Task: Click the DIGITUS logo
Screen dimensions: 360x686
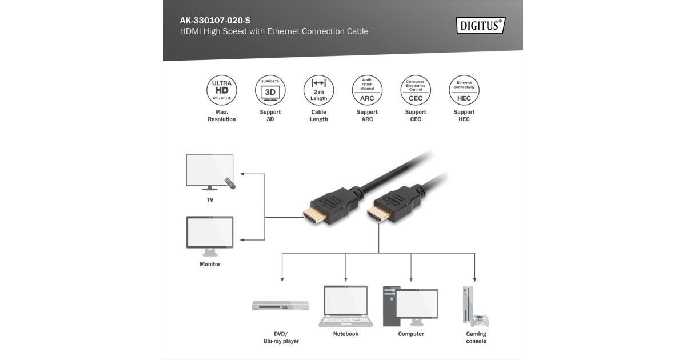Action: (x=481, y=25)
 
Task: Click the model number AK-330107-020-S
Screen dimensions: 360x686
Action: (x=215, y=20)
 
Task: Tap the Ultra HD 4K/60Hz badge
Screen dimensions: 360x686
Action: (x=222, y=90)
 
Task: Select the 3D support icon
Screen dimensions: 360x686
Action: (x=270, y=90)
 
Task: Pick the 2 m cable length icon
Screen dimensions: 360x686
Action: (x=318, y=90)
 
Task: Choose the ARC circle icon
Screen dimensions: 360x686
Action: (x=367, y=90)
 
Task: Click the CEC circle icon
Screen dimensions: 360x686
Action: (x=416, y=90)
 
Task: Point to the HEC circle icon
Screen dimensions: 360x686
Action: (x=464, y=90)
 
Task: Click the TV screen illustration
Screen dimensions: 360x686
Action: (x=210, y=170)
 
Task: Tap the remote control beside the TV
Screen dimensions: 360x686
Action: (x=230, y=183)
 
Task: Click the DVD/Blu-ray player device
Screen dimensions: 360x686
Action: (x=280, y=306)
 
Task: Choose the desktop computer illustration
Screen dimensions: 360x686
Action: (x=410, y=306)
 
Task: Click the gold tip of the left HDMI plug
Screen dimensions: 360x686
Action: (x=312, y=215)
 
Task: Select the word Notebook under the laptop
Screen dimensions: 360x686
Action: (x=346, y=334)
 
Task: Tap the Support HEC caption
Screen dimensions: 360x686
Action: (x=464, y=115)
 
